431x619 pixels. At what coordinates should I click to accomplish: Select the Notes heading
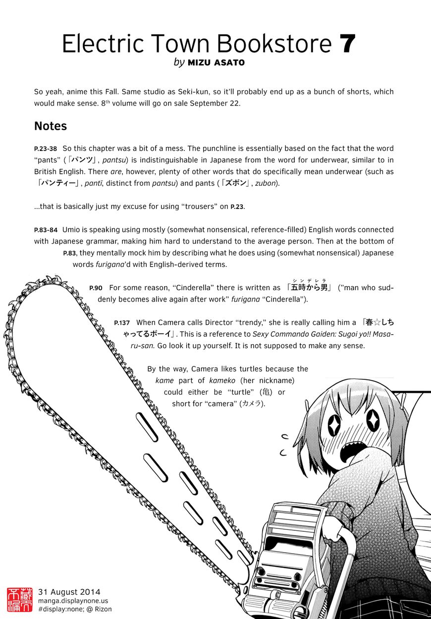[x=51, y=126]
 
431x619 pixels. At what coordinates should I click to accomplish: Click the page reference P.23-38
[x=46, y=149]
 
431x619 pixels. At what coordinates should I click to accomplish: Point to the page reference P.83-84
[x=46, y=230]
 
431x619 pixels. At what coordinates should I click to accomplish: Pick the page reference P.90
[x=96, y=288]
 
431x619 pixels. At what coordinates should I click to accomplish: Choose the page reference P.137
[x=122, y=323]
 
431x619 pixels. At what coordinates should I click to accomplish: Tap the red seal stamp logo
[x=19, y=600]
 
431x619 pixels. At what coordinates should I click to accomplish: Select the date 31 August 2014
[x=69, y=592]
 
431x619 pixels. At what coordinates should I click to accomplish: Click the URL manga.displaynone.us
[x=73, y=601]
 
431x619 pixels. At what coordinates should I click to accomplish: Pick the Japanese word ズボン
[x=236, y=183]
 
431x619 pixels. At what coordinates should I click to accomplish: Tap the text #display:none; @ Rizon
[x=75, y=609]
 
